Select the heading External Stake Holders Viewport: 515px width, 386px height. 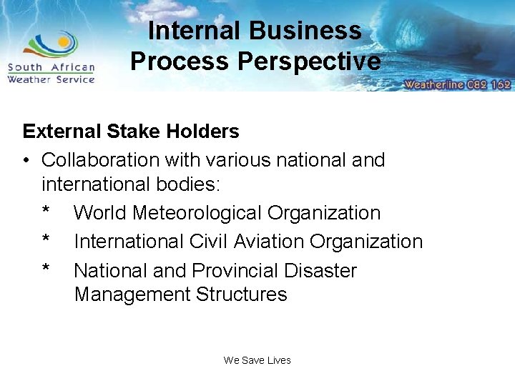pyautogui.click(x=131, y=132)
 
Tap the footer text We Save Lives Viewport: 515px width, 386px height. pyautogui.click(x=257, y=360)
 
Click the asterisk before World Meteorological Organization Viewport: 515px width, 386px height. pyautogui.click(x=46, y=212)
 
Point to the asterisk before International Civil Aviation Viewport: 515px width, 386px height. pyautogui.click(x=46, y=240)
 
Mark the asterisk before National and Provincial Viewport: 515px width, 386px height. pyautogui.click(x=46, y=269)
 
